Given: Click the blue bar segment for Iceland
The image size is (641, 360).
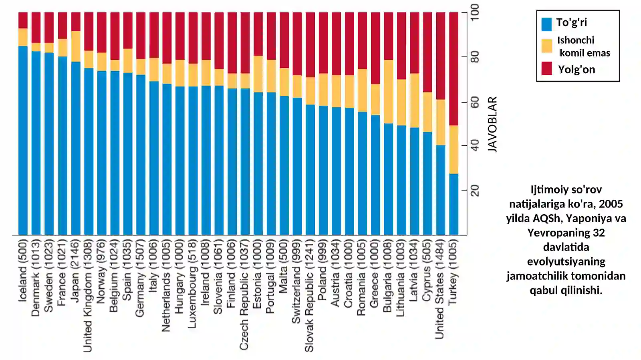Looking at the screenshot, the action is (x=23, y=141).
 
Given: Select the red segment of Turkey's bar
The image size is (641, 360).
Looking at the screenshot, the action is (x=454, y=68).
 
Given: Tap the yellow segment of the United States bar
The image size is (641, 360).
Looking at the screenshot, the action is (x=441, y=123).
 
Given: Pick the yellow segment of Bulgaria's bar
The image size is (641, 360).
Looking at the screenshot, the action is (x=389, y=91).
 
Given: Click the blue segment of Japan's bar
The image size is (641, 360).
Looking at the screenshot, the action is (x=76, y=149).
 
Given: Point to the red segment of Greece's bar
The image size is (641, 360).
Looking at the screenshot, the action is (x=375, y=48).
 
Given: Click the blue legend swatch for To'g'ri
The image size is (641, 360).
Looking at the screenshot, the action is (x=546, y=24).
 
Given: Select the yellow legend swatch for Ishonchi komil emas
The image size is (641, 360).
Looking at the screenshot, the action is (x=546, y=46).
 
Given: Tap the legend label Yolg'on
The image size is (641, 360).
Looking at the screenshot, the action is (x=576, y=70).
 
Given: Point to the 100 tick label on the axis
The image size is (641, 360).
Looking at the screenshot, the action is (x=475, y=12).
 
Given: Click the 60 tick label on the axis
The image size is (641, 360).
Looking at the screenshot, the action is (x=475, y=103).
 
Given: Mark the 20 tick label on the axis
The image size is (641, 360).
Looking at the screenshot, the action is (x=475, y=191).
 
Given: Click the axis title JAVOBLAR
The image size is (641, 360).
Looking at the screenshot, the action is (x=492, y=125).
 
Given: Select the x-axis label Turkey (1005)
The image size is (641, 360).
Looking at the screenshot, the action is (x=454, y=272).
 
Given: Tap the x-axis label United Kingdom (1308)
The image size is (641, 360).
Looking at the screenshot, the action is (x=88, y=296).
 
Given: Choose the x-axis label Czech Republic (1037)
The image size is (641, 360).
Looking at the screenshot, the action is (x=244, y=295).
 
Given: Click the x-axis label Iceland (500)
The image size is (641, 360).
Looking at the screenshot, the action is (x=22, y=270).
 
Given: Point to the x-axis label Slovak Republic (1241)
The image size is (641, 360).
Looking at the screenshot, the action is (x=309, y=296).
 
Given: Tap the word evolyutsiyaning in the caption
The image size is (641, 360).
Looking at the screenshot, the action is (x=566, y=261).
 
